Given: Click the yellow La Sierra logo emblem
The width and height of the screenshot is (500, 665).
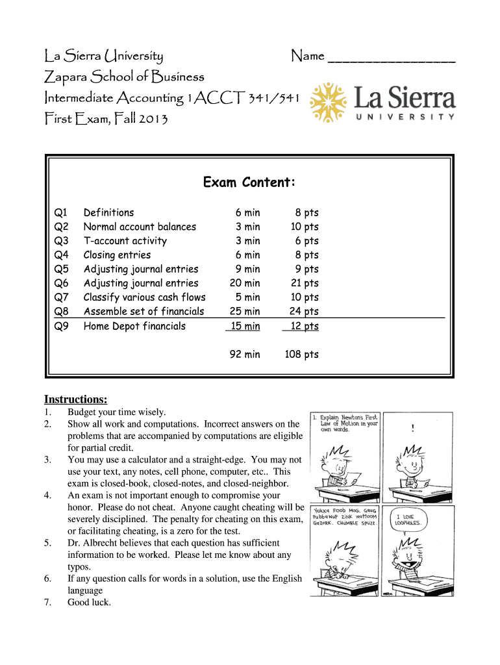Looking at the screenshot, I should (x=329, y=102).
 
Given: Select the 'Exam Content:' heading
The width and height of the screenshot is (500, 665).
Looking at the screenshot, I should (x=249, y=182).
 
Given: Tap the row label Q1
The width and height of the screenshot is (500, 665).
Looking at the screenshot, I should (x=61, y=212).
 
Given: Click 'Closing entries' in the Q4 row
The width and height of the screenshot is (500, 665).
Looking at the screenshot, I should (x=117, y=255).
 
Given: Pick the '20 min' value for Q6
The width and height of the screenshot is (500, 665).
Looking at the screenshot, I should (x=245, y=283).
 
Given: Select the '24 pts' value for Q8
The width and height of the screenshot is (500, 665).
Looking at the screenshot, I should (x=303, y=312).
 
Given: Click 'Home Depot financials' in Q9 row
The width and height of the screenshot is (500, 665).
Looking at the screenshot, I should (x=134, y=326).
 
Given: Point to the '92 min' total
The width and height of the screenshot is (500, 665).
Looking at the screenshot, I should (x=244, y=355).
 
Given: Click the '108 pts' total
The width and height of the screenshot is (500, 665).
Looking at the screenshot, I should (x=301, y=355).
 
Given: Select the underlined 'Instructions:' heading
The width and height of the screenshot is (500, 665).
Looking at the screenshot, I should (x=75, y=399).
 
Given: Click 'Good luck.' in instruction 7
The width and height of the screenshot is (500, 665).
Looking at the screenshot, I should (x=90, y=602).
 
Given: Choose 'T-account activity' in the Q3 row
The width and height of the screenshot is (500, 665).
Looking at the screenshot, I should (x=125, y=241).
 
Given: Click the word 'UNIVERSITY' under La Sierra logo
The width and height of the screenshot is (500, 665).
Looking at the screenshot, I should (x=405, y=117).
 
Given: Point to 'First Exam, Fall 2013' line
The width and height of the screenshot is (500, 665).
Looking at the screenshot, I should (x=106, y=119).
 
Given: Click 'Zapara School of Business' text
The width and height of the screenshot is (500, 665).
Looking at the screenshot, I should (x=123, y=77).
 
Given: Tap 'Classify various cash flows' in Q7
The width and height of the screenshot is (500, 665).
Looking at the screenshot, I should (x=144, y=297).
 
